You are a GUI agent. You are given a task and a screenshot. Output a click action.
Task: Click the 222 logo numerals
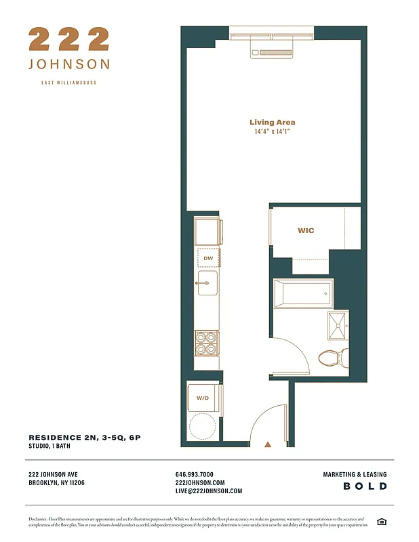click(x=68, y=39)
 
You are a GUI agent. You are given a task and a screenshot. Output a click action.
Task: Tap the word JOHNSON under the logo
click(x=68, y=64)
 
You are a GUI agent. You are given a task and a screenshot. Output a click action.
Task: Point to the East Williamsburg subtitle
click(x=68, y=83)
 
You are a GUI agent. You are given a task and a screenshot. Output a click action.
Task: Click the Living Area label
click(x=272, y=123)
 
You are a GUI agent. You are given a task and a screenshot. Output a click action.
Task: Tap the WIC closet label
click(x=306, y=230)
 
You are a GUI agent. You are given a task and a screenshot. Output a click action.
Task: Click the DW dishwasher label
click(x=208, y=258)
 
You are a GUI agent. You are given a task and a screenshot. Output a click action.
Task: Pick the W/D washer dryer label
click(x=203, y=398)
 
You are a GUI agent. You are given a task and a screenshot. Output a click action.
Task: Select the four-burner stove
click(x=206, y=343)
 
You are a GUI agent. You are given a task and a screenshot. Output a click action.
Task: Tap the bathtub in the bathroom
click(x=303, y=293)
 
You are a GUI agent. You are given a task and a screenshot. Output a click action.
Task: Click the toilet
click(x=333, y=356)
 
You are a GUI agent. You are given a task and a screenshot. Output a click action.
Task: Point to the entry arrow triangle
click(x=268, y=444)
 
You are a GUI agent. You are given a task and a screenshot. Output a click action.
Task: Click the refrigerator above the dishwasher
click(x=207, y=232)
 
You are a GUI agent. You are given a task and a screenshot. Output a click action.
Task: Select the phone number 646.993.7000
click(x=195, y=475)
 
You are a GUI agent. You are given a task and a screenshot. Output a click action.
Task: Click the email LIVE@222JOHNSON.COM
click(x=209, y=491)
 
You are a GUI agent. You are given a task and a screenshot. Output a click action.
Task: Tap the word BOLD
click(x=365, y=486)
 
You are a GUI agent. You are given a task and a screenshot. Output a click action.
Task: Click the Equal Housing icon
click(x=382, y=521)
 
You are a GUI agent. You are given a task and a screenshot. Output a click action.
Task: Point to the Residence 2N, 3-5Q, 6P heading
click(x=85, y=438)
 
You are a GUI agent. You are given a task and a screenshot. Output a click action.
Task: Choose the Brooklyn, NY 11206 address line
click(x=57, y=483)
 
